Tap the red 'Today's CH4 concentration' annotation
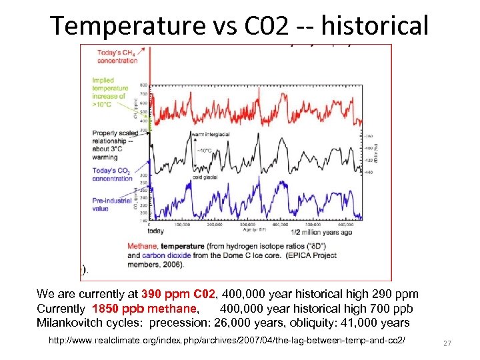coord(117,57)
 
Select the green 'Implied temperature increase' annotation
coord(110,92)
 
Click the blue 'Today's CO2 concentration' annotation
coord(111,175)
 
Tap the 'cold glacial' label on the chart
coord(205,177)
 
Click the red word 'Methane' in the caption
coord(140,246)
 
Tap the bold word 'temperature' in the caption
coord(179,246)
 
